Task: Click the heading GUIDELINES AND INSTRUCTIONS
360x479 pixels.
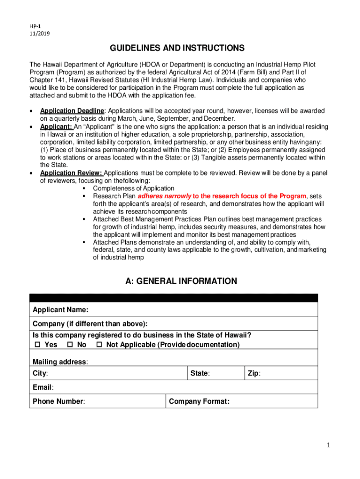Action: (x=177, y=48)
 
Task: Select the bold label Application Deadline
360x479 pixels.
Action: (x=72, y=111)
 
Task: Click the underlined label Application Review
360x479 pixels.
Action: (x=71, y=173)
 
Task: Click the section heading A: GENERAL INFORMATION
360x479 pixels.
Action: (x=181, y=281)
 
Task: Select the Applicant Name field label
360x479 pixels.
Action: (x=60, y=310)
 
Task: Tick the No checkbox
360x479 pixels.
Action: (x=70, y=345)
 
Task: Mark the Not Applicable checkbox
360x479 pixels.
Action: (x=99, y=345)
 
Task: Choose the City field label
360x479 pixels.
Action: (x=40, y=374)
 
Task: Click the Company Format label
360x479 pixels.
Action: (x=199, y=401)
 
